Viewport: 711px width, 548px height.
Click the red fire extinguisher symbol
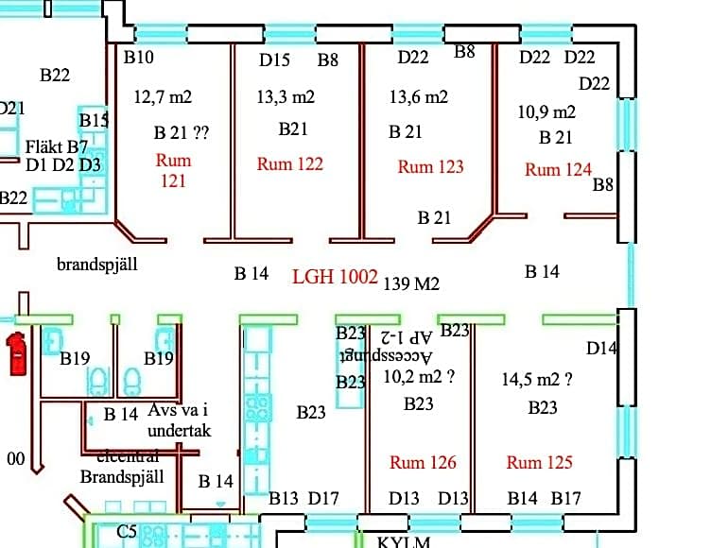click(15, 352)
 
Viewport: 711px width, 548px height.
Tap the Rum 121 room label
click(173, 170)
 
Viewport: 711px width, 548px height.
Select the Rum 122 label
click(289, 163)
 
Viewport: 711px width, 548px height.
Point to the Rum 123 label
click(430, 166)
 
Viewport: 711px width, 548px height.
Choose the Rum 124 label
click(558, 169)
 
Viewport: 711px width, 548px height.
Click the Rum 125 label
click(539, 462)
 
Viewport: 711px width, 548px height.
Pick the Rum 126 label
click(423, 462)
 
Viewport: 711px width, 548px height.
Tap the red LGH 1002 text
click(335, 277)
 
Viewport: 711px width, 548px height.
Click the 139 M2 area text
click(411, 283)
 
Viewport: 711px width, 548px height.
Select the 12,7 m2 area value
click(163, 96)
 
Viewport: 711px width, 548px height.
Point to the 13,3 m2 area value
click(286, 96)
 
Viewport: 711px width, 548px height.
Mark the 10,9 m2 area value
click(546, 111)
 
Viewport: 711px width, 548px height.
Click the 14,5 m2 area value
click(537, 380)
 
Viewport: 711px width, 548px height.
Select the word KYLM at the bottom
click(404, 542)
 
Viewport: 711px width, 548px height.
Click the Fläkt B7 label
click(57, 146)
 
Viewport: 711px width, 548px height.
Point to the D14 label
click(601, 348)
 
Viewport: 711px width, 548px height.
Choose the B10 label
click(139, 57)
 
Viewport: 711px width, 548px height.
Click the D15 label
click(274, 60)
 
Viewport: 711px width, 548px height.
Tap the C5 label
click(127, 532)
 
